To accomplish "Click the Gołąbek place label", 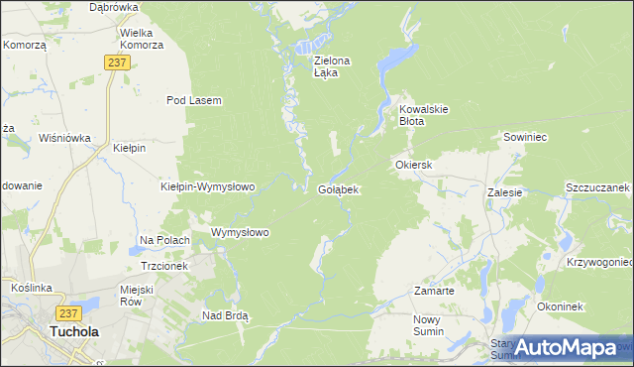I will point(339,188).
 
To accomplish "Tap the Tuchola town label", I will point(74,333).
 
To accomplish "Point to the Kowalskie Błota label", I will point(425,114).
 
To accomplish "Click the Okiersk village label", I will point(414,165).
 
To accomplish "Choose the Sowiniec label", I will point(526,138).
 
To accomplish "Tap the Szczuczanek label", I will point(597,187).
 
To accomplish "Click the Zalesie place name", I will point(504,193).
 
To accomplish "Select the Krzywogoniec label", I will point(600,262).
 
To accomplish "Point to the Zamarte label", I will point(434,292).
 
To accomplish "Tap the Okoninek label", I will point(561,306).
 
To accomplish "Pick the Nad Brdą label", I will point(225,315).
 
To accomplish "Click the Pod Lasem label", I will point(193,100).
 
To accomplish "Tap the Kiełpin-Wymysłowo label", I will point(208,186).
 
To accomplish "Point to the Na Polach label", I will point(164,240).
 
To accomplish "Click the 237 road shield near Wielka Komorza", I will point(117,62).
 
